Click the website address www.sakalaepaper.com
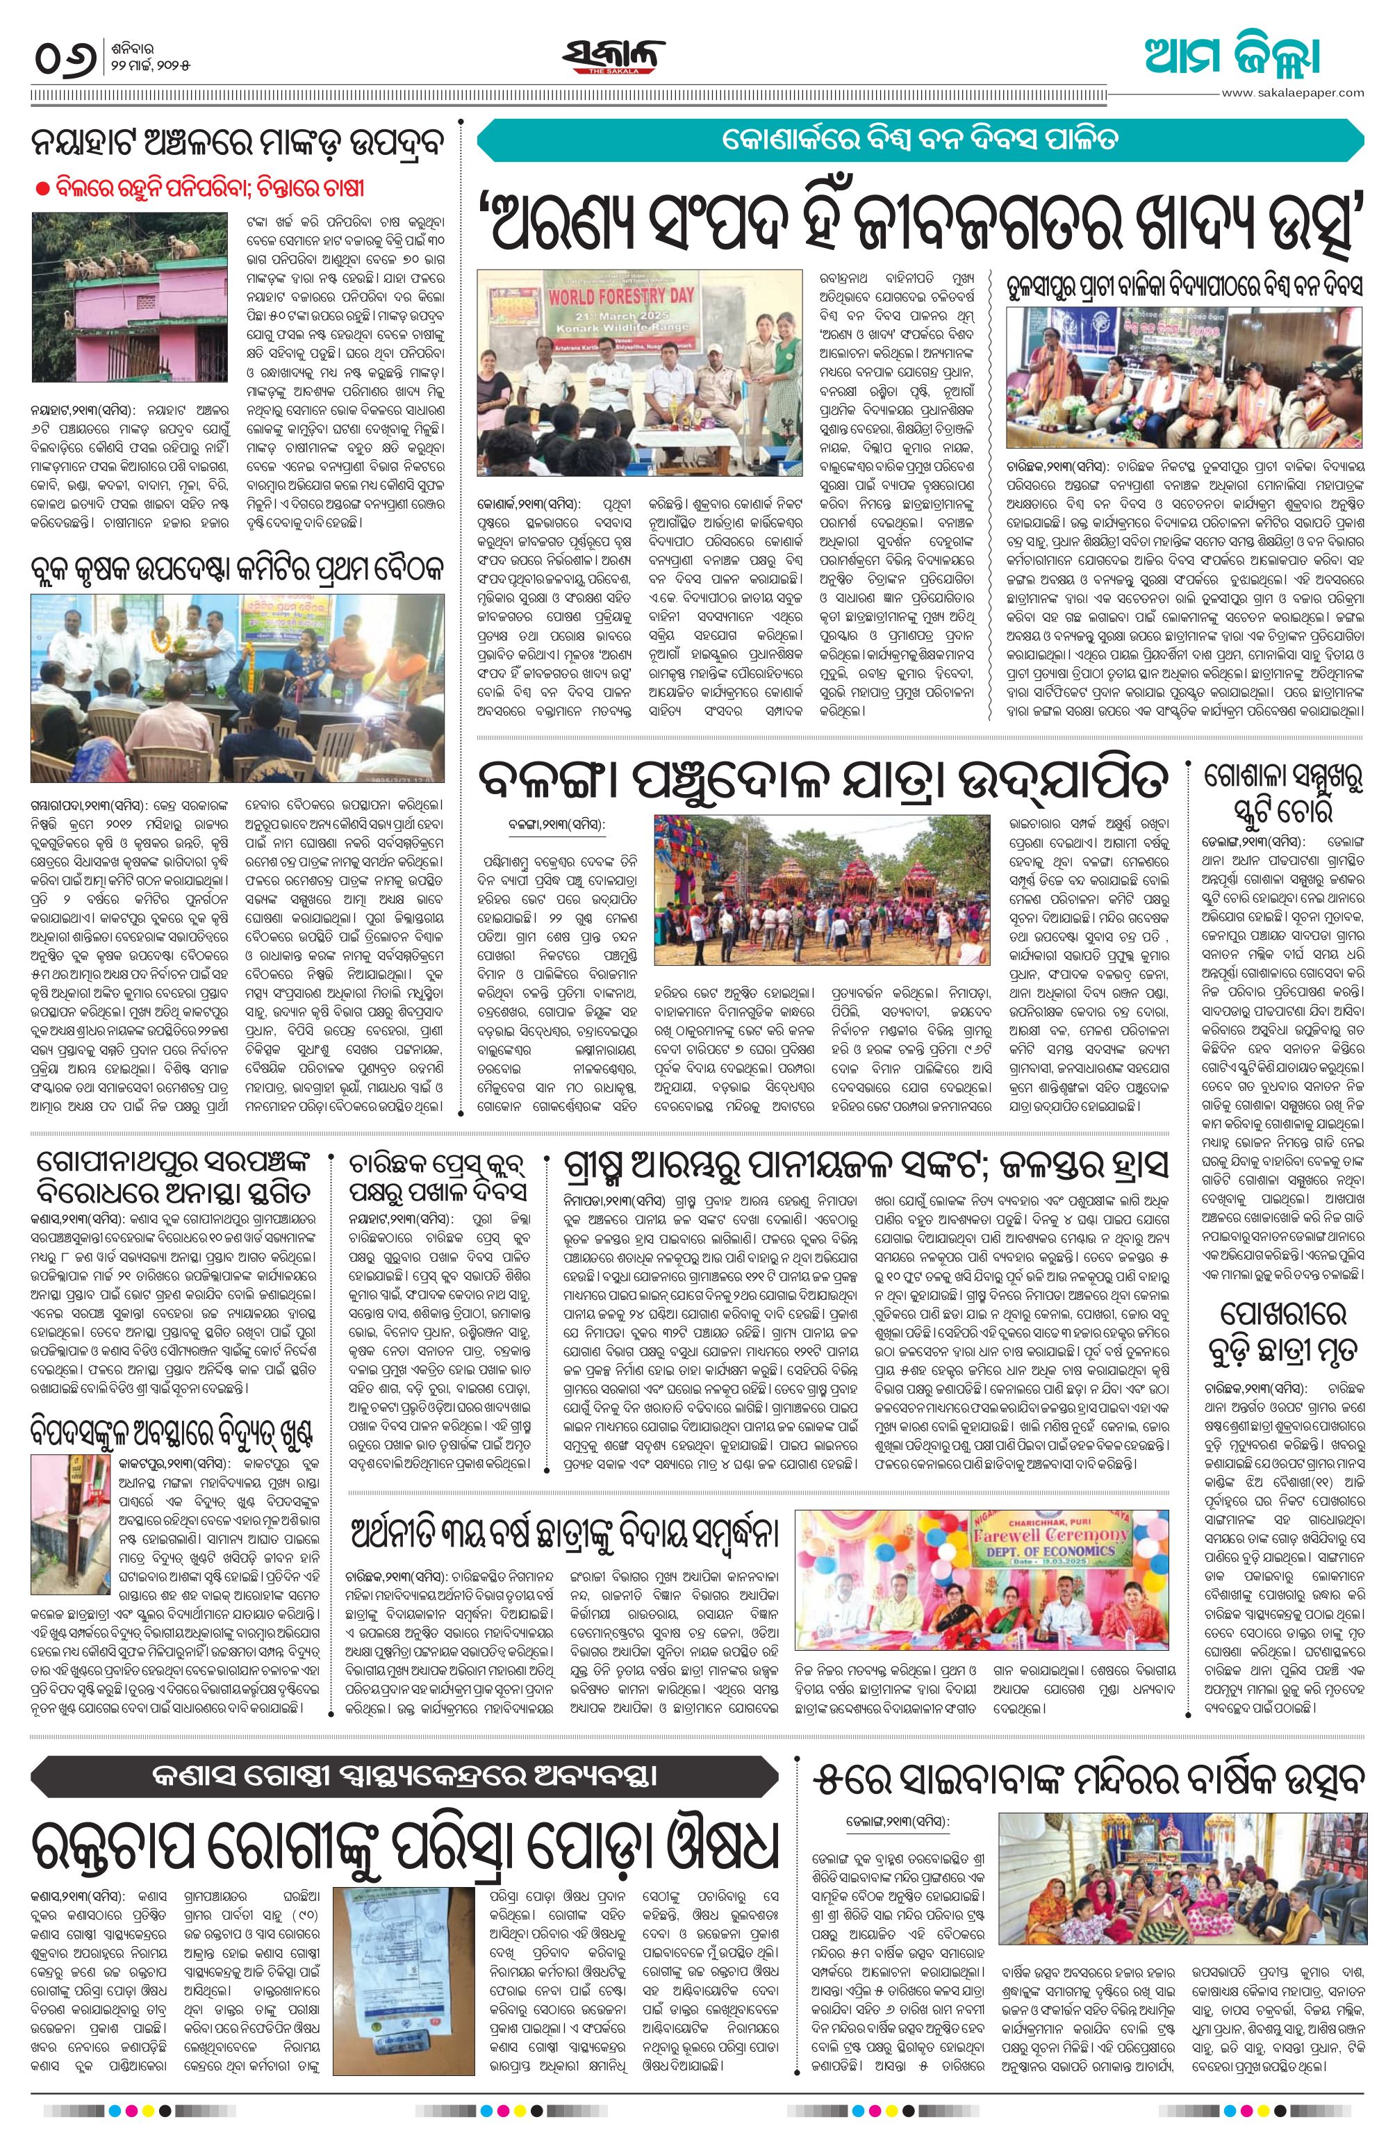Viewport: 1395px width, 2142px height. click(x=1291, y=92)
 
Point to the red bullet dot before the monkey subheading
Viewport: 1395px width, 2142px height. click(x=42, y=188)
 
